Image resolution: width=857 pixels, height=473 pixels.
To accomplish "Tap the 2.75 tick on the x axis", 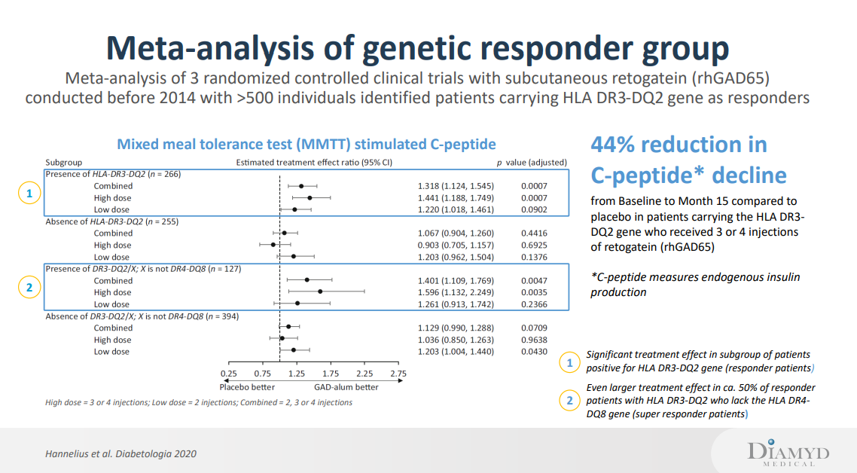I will [x=398, y=374].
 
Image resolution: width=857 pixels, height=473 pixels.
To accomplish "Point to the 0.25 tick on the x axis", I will [x=228, y=374].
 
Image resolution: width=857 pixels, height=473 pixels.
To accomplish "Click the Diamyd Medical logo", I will [x=788, y=453].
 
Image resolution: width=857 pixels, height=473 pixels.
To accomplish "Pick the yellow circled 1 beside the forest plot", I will [x=28, y=194].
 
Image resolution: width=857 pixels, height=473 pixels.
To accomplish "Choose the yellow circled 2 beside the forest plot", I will [x=28, y=287].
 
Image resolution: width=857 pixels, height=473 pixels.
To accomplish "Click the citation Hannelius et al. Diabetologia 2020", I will [x=121, y=453].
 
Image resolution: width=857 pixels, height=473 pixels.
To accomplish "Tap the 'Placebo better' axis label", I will [x=247, y=387].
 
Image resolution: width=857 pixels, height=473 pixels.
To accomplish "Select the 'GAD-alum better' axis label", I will [x=346, y=387].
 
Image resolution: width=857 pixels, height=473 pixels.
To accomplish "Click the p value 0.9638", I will [x=534, y=340].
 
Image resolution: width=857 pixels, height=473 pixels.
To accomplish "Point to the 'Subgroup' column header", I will [x=64, y=162].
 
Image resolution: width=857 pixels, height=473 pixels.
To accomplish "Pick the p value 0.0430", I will [x=534, y=352].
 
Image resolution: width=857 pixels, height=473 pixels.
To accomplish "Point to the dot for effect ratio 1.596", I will [x=320, y=291].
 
